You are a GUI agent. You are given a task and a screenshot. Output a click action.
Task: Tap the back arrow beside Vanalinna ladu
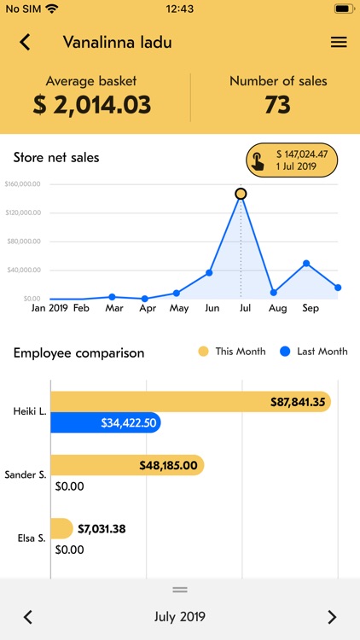pos(25,42)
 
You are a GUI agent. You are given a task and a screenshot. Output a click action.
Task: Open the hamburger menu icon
pos(339,42)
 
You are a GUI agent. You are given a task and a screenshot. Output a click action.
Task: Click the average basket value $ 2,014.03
pos(91,105)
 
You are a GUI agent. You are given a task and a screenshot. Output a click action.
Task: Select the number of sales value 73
pos(278,105)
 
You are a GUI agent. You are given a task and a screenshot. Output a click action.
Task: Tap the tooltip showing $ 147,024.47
pos(292,160)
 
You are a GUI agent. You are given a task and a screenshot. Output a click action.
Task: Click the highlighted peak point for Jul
pos(241,194)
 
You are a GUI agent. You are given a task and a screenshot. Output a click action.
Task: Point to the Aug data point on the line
pos(274,293)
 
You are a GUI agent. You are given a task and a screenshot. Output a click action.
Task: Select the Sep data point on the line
pos(306,264)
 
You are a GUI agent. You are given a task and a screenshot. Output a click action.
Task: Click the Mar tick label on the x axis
pos(114,308)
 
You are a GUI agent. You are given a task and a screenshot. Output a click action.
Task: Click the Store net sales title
pos(56,157)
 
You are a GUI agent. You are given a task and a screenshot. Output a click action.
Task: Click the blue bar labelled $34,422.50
pos(106,422)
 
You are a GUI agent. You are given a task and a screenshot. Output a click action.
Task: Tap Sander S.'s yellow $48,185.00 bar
pos(127,465)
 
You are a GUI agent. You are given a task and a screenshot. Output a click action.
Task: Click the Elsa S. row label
pos(32,538)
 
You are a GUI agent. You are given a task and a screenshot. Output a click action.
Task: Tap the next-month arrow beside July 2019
pos(332,617)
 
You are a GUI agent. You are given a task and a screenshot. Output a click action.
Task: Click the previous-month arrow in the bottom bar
pos(27,617)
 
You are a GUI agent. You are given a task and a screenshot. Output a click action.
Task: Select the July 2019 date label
pos(180,617)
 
